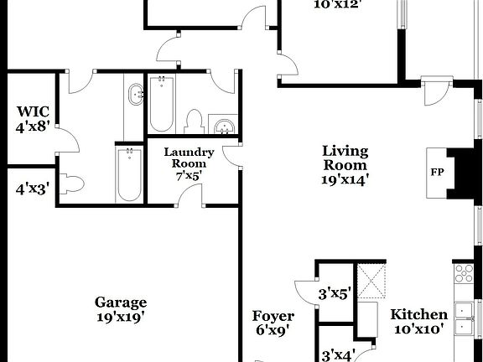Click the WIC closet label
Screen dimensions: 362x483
[34, 111]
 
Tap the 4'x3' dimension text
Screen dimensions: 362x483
[33, 189]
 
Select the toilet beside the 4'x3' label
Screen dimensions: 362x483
[73, 184]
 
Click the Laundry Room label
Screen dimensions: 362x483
[190, 158]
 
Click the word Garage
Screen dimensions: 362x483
[121, 303]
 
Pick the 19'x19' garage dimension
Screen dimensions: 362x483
[121, 318]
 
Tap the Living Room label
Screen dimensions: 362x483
[345, 157]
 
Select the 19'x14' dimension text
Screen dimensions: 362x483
[345, 178]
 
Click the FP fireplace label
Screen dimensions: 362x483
[437, 173]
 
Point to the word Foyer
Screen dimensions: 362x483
[273, 316]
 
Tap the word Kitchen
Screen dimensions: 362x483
[419, 314]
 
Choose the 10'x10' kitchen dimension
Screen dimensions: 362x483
[419, 329]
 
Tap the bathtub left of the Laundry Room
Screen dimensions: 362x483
[129, 173]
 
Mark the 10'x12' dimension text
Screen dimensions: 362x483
[335, 3]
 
